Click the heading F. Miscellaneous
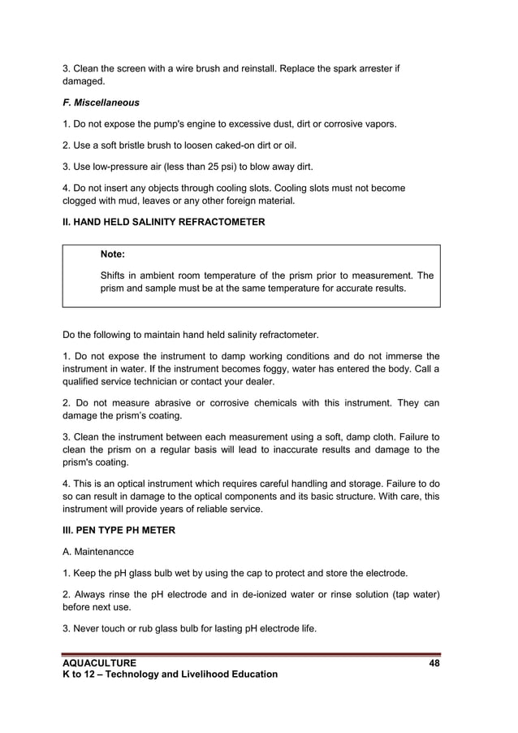click(101, 103)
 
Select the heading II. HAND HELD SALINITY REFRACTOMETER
click(163, 222)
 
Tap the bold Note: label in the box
click(112, 254)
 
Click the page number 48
click(434, 663)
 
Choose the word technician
click(171, 382)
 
